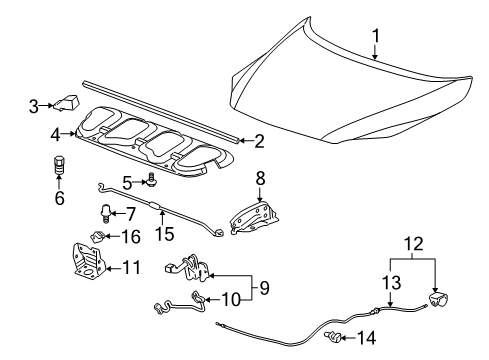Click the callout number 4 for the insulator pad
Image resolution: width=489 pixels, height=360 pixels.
click(57, 132)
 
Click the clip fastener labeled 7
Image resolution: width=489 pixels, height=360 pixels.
click(105, 211)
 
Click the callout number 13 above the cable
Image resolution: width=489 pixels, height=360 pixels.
click(392, 283)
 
